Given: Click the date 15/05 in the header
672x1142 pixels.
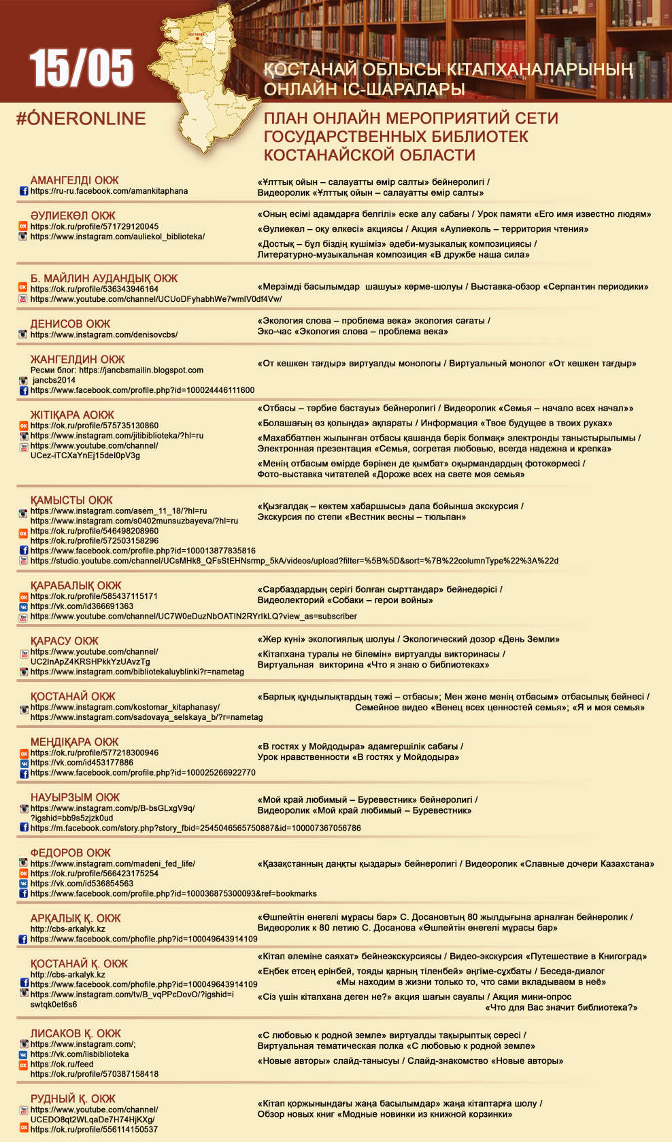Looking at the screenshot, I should (x=81, y=68).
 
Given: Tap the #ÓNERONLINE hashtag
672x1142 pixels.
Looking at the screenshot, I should (x=81, y=118).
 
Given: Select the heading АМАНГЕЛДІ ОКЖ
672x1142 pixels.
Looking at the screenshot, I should (x=74, y=180).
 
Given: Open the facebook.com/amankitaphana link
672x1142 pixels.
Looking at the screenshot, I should (x=109, y=191).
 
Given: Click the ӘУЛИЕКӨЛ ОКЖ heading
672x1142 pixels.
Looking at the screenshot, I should (x=73, y=215).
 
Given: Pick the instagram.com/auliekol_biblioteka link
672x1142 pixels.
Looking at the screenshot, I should (x=117, y=237).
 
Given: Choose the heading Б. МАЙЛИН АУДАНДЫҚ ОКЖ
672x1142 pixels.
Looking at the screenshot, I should (x=103, y=278).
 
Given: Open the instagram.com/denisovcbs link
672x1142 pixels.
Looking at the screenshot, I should (x=103, y=334).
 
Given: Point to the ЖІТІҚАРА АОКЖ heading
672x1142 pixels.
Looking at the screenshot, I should (x=72, y=415).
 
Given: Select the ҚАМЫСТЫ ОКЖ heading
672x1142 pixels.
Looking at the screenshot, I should (x=71, y=500).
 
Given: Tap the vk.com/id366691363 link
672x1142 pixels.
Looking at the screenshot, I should (x=82, y=606).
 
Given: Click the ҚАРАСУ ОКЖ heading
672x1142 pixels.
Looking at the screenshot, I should (x=64, y=640).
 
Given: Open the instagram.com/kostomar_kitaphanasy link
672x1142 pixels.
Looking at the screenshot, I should (x=124, y=707).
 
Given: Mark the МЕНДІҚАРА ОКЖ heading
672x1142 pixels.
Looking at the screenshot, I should (x=74, y=742).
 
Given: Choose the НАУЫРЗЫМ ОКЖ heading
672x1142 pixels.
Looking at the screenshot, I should (x=75, y=797).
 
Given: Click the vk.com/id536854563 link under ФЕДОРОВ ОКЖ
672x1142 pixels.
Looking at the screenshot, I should (x=82, y=883).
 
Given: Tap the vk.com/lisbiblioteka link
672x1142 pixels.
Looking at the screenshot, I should (x=79, y=1054).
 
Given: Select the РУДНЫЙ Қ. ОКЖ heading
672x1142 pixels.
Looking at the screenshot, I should (x=73, y=1098).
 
